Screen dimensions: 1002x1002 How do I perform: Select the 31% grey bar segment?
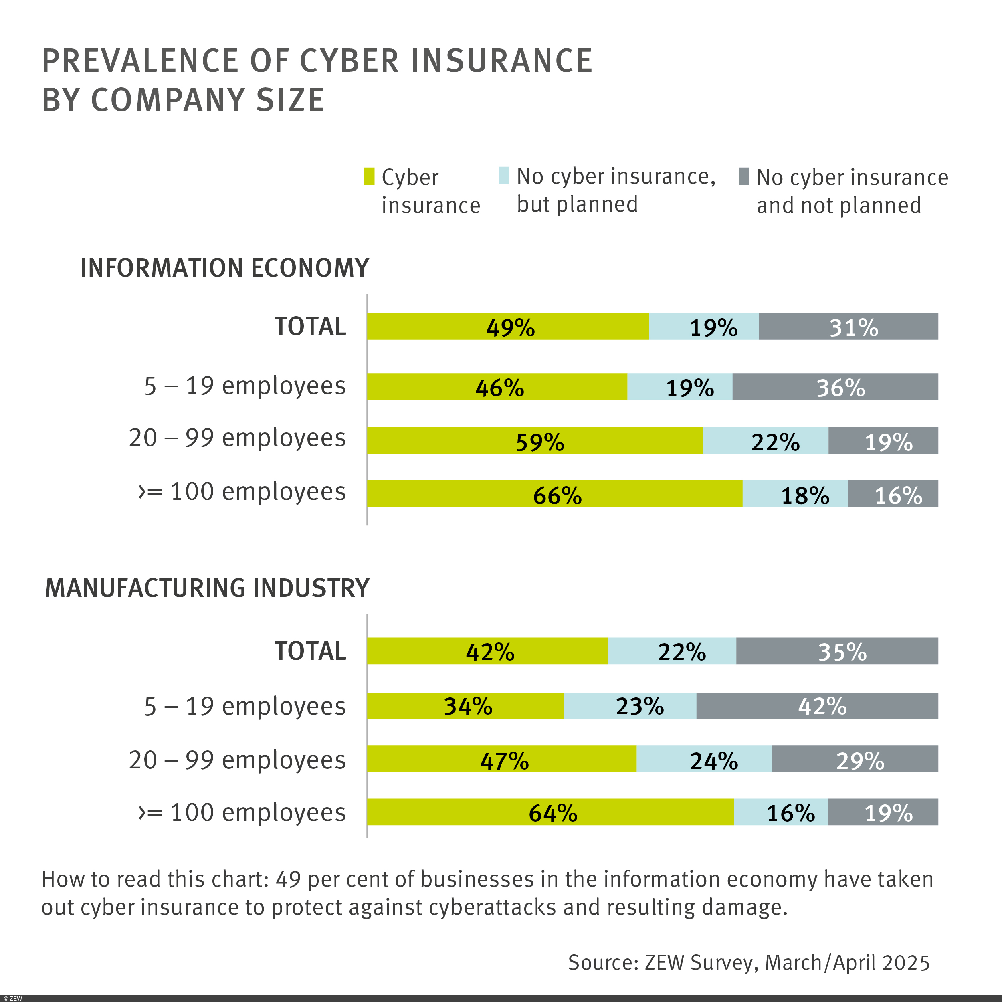click(848, 326)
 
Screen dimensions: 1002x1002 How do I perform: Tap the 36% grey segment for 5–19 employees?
click(835, 386)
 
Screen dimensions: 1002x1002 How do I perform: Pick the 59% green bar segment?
click(534, 440)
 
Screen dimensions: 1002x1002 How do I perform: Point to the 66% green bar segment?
click(554, 493)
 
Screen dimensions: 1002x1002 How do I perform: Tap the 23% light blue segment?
click(630, 706)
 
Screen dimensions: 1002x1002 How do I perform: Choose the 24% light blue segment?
click(704, 759)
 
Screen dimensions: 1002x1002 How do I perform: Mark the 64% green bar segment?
click(550, 812)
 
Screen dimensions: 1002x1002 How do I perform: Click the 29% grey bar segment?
click(855, 759)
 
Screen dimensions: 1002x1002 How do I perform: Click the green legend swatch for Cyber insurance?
click(369, 176)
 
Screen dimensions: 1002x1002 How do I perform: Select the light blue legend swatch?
click(503, 175)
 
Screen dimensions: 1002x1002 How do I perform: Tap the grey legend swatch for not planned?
click(744, 176)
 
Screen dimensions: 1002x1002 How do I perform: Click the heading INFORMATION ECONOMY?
click(224, 268)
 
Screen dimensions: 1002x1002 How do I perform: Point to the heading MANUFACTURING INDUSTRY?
click(207, 588)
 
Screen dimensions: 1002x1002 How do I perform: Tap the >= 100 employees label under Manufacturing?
click(242, 812)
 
